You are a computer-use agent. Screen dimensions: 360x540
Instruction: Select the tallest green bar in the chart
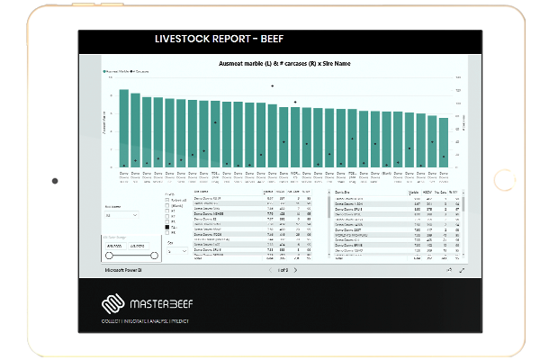124,128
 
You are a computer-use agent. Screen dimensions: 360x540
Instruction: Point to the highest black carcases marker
272,85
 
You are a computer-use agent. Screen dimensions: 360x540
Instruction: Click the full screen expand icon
462,269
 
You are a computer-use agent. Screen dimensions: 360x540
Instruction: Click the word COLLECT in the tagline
113,321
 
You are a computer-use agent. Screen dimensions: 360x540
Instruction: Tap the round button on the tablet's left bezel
55,180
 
